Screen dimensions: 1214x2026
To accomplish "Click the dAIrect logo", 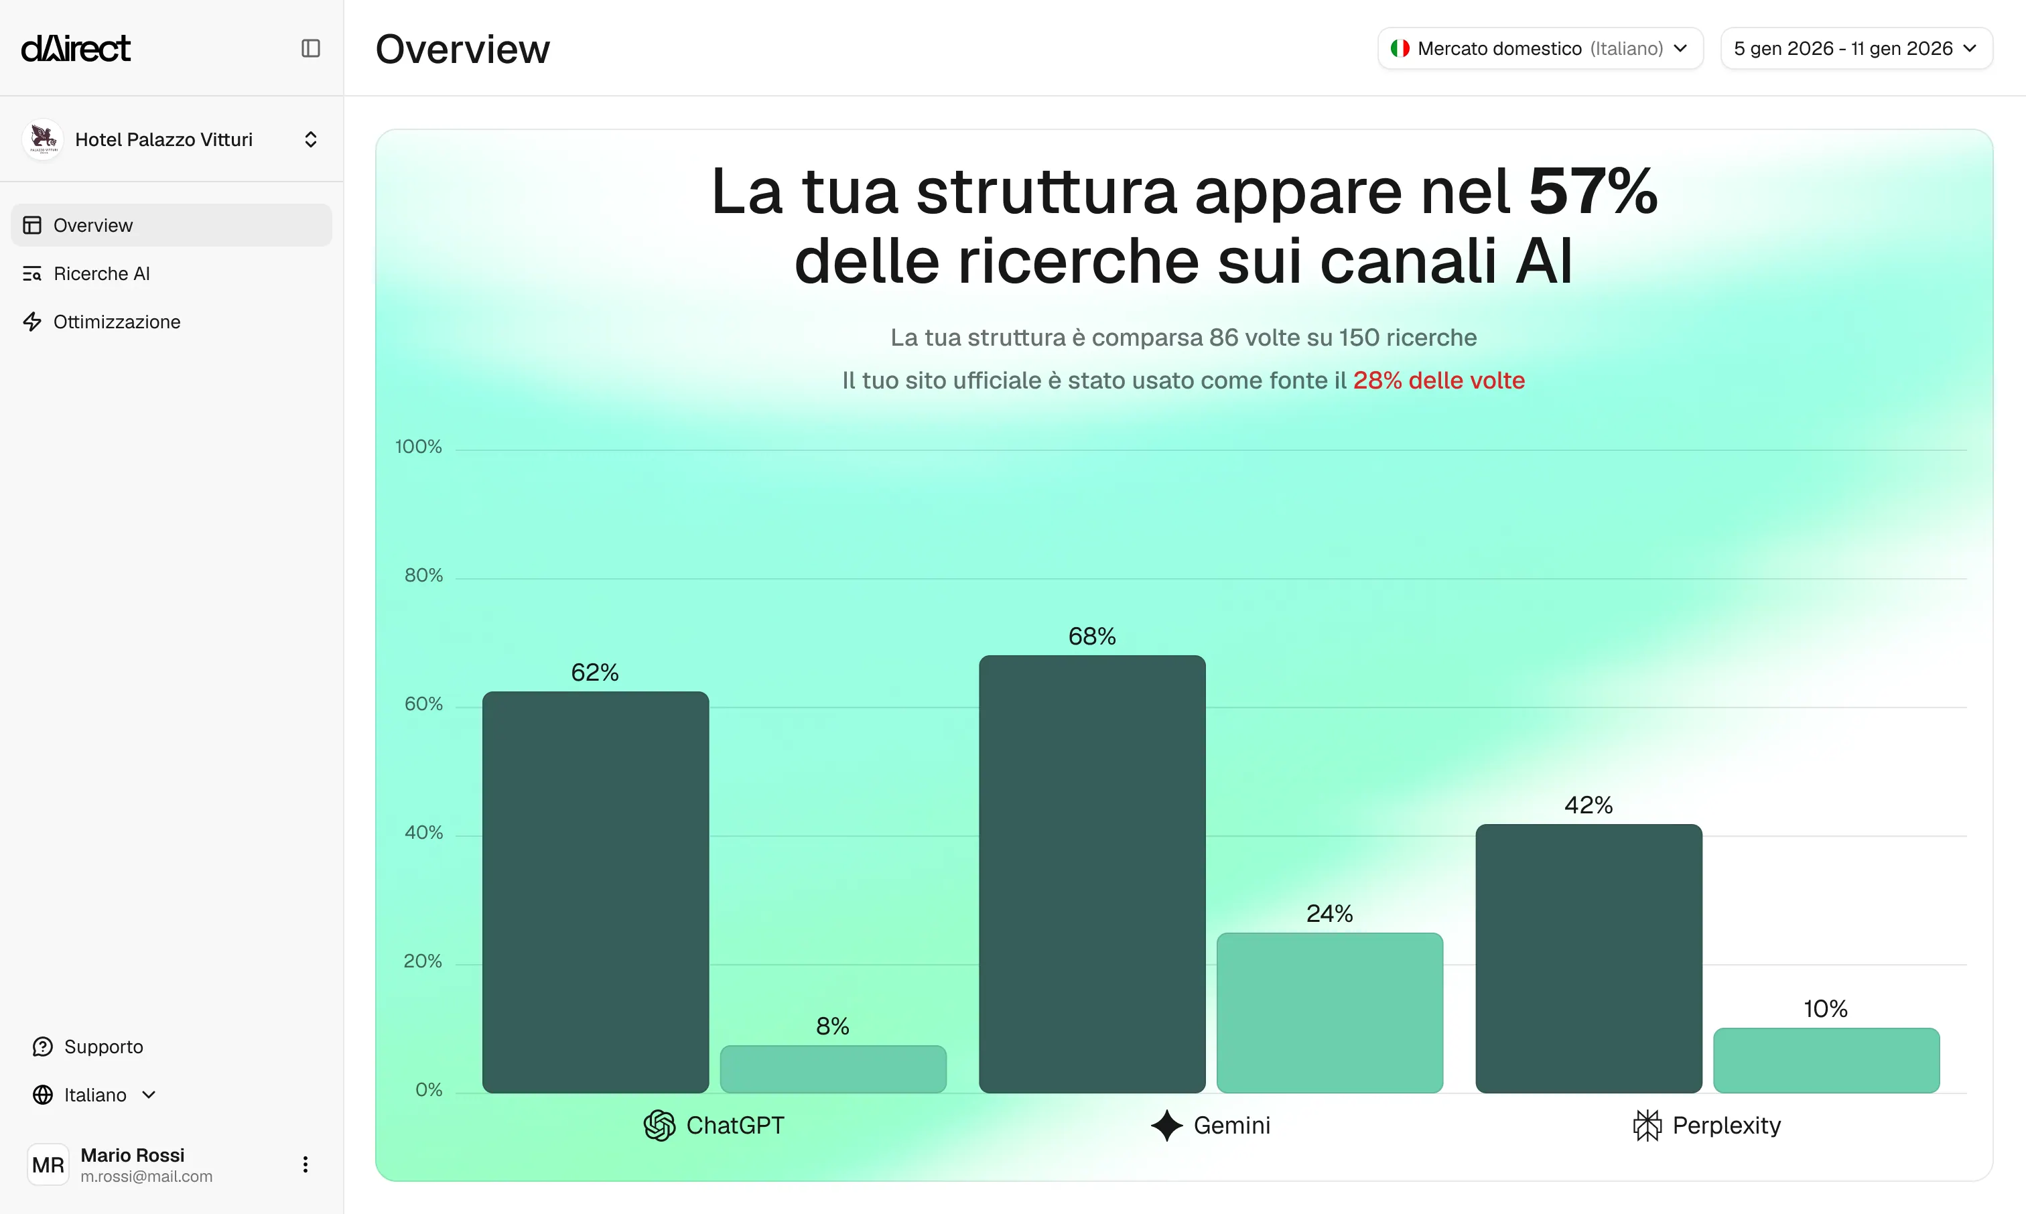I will click(x=75, y=48).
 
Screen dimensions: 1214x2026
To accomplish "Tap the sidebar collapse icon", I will click(x=310, y=48).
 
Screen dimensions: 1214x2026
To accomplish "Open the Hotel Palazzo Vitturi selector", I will click(x=171, y=139).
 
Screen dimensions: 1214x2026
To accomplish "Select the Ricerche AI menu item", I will click(x=101, y=273).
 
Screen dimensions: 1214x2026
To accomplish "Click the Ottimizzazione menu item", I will click(x=116, y=322).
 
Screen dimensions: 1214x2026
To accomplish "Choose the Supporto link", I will click(x=103, y=1047).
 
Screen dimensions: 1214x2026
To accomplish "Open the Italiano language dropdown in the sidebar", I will click(x=95, y=1095).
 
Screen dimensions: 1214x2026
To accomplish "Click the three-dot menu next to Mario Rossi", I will click(x=305, y=1164).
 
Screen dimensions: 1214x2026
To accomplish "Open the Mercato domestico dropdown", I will click(x=1540, y=48).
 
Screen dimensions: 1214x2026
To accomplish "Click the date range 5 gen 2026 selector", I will click(x=1855, y=48).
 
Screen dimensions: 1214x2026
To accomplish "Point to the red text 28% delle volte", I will click(x=1438, y=381).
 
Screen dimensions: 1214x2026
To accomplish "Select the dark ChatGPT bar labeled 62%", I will click(x=596, y=892).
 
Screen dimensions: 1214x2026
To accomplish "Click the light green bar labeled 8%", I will click(x=833, y=1069).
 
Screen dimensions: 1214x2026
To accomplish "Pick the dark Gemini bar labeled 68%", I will click(x=1092, y=874).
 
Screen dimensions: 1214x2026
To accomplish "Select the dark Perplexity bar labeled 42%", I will click(x=1589, y=958).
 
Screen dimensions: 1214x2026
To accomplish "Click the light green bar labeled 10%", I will click(x=1826, y=1060).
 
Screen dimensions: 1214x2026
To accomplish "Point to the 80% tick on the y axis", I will click(x=423, y=575).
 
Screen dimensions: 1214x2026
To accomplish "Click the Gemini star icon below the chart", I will click(x=1166, y=1125).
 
